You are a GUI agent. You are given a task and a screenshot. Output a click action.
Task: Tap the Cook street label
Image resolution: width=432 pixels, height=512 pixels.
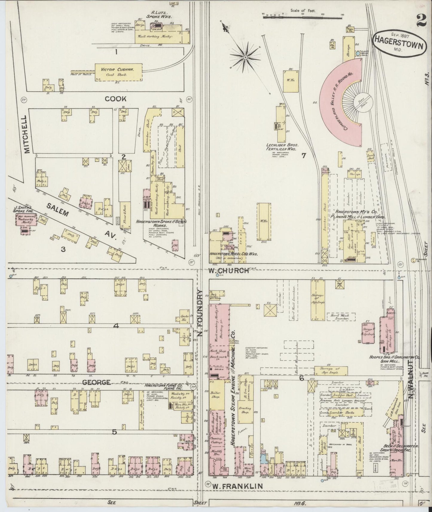tap(116, 99)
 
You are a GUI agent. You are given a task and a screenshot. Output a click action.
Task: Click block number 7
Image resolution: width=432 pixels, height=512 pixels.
tap(303, 155)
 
